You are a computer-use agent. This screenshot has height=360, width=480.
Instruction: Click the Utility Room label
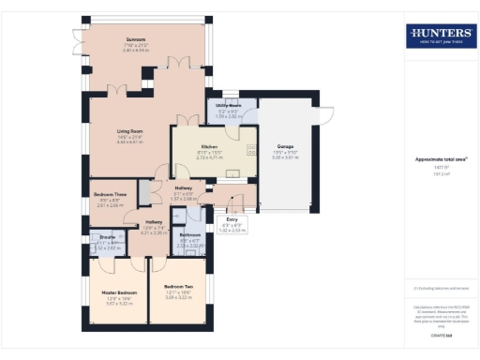tap(229, 106)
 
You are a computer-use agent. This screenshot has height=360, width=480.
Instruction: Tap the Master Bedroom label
tap(120, 293)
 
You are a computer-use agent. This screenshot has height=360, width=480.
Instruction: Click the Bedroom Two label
tap(177, 286)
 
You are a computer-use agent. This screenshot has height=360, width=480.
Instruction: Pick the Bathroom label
tap(190, 234)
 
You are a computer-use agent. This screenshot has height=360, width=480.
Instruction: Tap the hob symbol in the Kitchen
tap(250, 150)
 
